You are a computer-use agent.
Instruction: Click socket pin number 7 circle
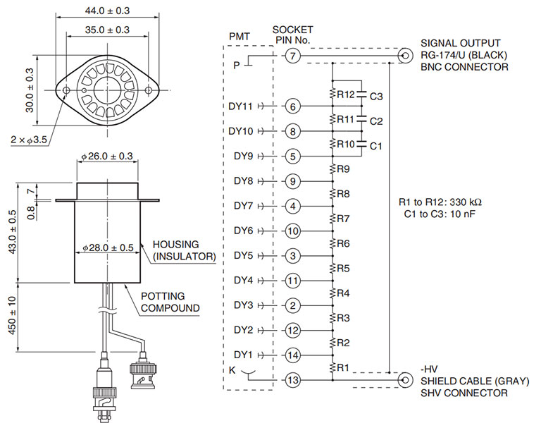(292, 56)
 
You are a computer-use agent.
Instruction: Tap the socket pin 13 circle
(292, 380)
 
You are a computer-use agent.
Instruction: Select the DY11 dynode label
(240, 106)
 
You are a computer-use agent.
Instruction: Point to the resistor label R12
(346, 94)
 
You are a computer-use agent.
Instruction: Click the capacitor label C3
(376, 97)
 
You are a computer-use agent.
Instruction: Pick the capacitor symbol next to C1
(361, 143)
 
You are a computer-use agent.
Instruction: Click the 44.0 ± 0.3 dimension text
(107, 11)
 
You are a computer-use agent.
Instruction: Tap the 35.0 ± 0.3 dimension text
(107, 30)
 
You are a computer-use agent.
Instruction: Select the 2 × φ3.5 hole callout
(29, 140)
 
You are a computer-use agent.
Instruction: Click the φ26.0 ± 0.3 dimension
(107, 156)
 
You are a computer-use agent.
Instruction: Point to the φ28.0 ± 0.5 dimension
(108, 247)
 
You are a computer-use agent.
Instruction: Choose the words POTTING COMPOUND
(170, 302)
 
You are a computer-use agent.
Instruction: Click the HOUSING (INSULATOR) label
(185, 250)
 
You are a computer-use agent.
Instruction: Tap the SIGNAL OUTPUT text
(460, 43)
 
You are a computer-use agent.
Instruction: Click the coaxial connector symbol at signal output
(406, 56)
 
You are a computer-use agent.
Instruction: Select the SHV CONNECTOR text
(464, 393)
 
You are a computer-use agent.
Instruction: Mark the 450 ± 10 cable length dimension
(12, 315)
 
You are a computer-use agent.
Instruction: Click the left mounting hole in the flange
(67, 90)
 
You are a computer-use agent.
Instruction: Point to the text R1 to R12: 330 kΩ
(440, 202)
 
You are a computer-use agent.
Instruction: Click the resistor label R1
(343, 367)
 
